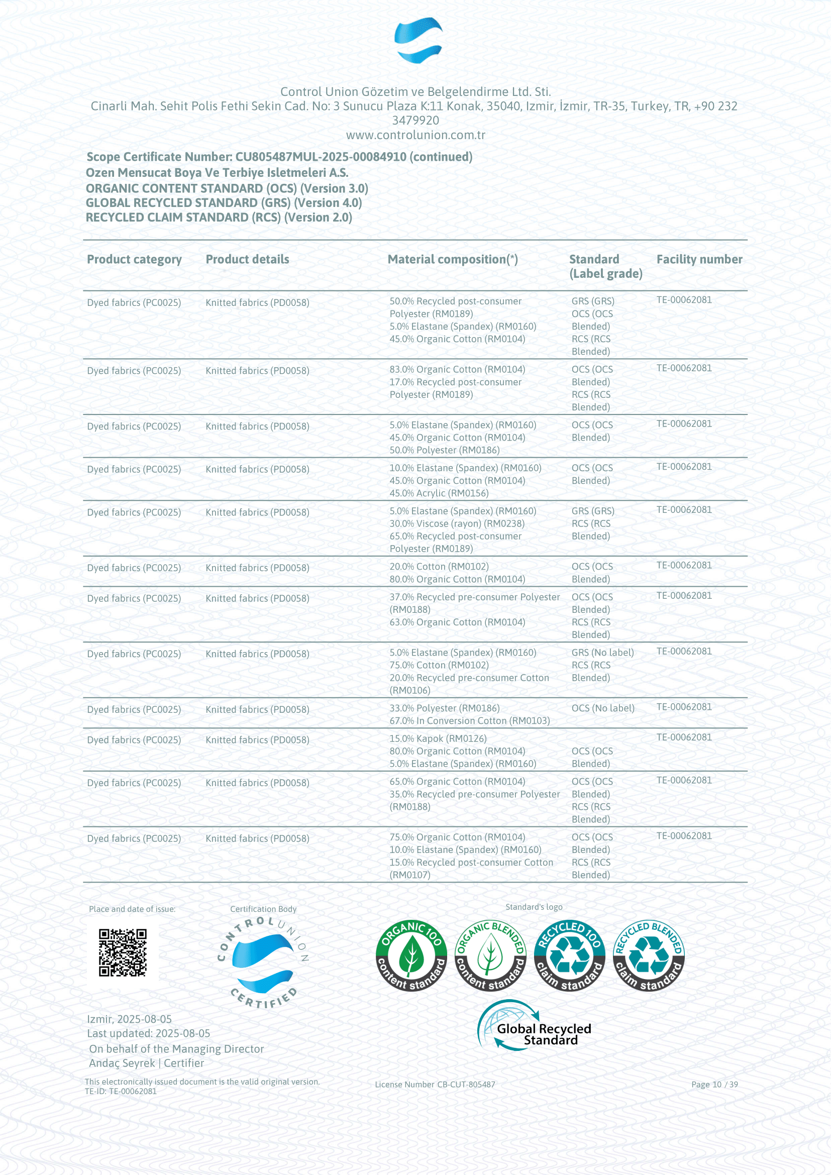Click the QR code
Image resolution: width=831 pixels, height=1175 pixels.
pos(122,952)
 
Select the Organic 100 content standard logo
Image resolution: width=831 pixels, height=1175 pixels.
pos(411,955)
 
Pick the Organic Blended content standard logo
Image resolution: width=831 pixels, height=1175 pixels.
pos(490,955)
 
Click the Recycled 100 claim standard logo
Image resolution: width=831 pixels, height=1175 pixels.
pos(569,955)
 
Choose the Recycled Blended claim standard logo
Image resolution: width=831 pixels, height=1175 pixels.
pos(648,955)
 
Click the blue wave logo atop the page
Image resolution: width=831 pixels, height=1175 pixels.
pos(418,40)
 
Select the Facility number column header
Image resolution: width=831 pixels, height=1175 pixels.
pos(699,259)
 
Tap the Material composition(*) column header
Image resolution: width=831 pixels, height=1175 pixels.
pos(452,259)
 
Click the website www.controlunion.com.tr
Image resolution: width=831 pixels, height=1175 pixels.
pos(415,135)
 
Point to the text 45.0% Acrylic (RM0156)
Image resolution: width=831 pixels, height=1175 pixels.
pos(439,493)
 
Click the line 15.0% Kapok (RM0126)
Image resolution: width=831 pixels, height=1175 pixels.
pos(438,738)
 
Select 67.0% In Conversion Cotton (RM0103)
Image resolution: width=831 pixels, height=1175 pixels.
pos(470,720)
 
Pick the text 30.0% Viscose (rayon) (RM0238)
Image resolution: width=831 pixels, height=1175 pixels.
pos(457,523)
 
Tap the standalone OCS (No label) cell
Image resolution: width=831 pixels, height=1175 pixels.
pos(603,708)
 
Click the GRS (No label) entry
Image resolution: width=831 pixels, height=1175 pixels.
pos(602,653)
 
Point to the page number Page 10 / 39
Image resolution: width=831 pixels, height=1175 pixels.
pos(714,1085)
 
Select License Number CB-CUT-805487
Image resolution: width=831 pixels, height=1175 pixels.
pos(435,1085)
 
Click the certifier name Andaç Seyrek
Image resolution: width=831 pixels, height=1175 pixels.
pos(122,1063)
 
